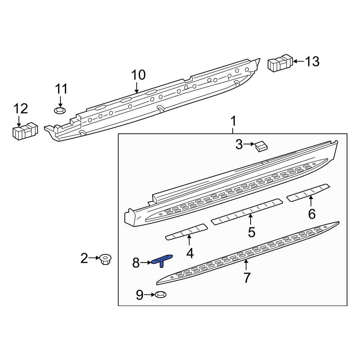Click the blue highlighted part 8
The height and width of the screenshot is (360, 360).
[162, 261]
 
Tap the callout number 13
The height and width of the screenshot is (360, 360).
[312, 62]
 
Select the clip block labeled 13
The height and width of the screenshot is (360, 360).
[280, 63]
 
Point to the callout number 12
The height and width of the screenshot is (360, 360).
[21, 109]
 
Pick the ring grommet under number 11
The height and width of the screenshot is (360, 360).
[60, 111]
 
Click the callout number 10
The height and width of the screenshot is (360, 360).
[139, 75]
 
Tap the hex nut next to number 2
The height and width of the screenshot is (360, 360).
[106, 259]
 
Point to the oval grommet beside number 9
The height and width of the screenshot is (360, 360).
[161, 294]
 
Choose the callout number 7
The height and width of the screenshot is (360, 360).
[247, 278]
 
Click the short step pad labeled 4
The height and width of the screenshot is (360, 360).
[186, 232]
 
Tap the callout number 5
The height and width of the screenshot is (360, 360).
[252, 232]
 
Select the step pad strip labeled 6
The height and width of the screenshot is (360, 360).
[309, 193]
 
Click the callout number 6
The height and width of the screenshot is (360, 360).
[312, 214]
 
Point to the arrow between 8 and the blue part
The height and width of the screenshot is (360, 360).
[145, 262]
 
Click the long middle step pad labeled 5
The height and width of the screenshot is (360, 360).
[247, 212]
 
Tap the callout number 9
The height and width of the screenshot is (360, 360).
[140, 295]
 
